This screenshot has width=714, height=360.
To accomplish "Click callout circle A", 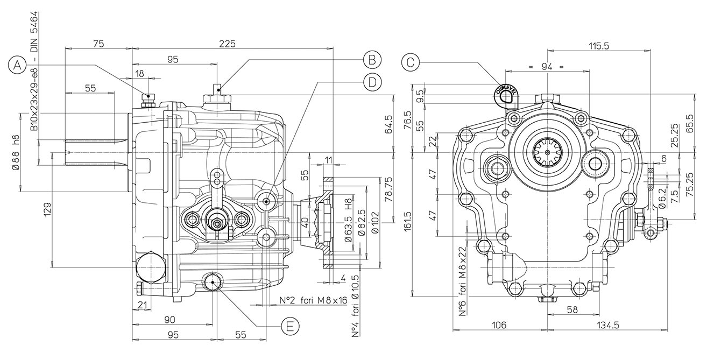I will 18,65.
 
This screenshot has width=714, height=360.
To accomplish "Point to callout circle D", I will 371,81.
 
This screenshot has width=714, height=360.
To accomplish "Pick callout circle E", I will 289,326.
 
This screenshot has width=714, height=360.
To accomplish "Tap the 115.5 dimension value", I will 598,46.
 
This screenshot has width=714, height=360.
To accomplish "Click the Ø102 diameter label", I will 375,222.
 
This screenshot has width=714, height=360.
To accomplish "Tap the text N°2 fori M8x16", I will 313,300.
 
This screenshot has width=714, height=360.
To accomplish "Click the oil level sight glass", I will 505,95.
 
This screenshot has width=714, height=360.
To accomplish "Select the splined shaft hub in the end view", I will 547,152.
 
